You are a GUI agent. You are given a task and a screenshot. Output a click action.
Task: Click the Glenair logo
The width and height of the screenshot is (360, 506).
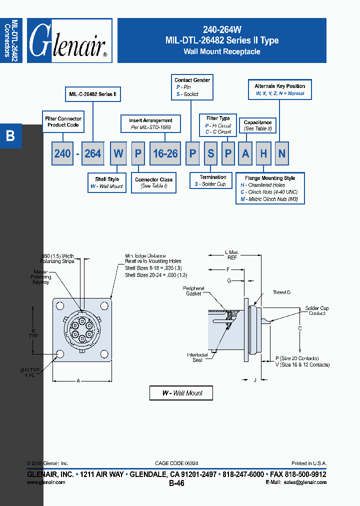[x=69, y=40]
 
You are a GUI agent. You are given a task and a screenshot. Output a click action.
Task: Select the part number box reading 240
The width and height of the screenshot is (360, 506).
[x=62, y=153]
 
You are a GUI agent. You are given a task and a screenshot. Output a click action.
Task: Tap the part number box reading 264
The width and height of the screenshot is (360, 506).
[x=93, y=153]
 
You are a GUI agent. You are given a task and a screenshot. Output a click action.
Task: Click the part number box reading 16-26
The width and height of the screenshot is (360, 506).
[x=165, y=153]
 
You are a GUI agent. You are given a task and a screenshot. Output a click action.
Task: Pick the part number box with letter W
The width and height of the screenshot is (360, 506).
[x=118, y=153]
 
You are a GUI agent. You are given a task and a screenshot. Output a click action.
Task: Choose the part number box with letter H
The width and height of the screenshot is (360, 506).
[x=263, y=153]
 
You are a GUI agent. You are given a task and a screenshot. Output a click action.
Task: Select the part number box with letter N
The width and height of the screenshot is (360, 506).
[x=282, y=153]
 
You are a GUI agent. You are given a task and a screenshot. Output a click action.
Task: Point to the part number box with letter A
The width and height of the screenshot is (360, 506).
[x=245, y=153]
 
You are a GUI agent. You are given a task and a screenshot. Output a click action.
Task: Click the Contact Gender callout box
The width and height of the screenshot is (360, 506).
[x=192, y=87]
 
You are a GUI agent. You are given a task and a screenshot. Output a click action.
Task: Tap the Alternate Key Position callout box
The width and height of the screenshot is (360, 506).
[x=279, y=89]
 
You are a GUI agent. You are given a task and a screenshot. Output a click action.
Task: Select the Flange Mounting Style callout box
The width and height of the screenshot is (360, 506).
[x=270, y=188]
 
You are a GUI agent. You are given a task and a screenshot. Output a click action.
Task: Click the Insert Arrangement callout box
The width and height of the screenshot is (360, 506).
[x=150, y=123]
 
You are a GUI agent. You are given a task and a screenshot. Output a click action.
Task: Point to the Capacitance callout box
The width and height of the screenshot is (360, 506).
[x=257, y=125]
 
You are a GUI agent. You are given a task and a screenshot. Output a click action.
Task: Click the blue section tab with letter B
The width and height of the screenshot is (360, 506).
[x=10, y=135]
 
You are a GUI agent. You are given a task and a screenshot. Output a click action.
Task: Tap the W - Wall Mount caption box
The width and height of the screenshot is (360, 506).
[x=181, y=393]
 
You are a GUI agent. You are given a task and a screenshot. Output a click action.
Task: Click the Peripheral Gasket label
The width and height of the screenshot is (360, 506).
[x=193, y=291]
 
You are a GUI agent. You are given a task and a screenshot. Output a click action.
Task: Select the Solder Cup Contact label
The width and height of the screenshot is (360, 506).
[x=317, y=310]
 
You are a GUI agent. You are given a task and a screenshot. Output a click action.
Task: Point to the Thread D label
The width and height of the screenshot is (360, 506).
[x=281, y=292]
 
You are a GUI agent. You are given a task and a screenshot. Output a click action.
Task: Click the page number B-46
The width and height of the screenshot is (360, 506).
[x=176, y=483]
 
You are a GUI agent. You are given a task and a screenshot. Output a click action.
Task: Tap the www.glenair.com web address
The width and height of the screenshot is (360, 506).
[x=46, y=482]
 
